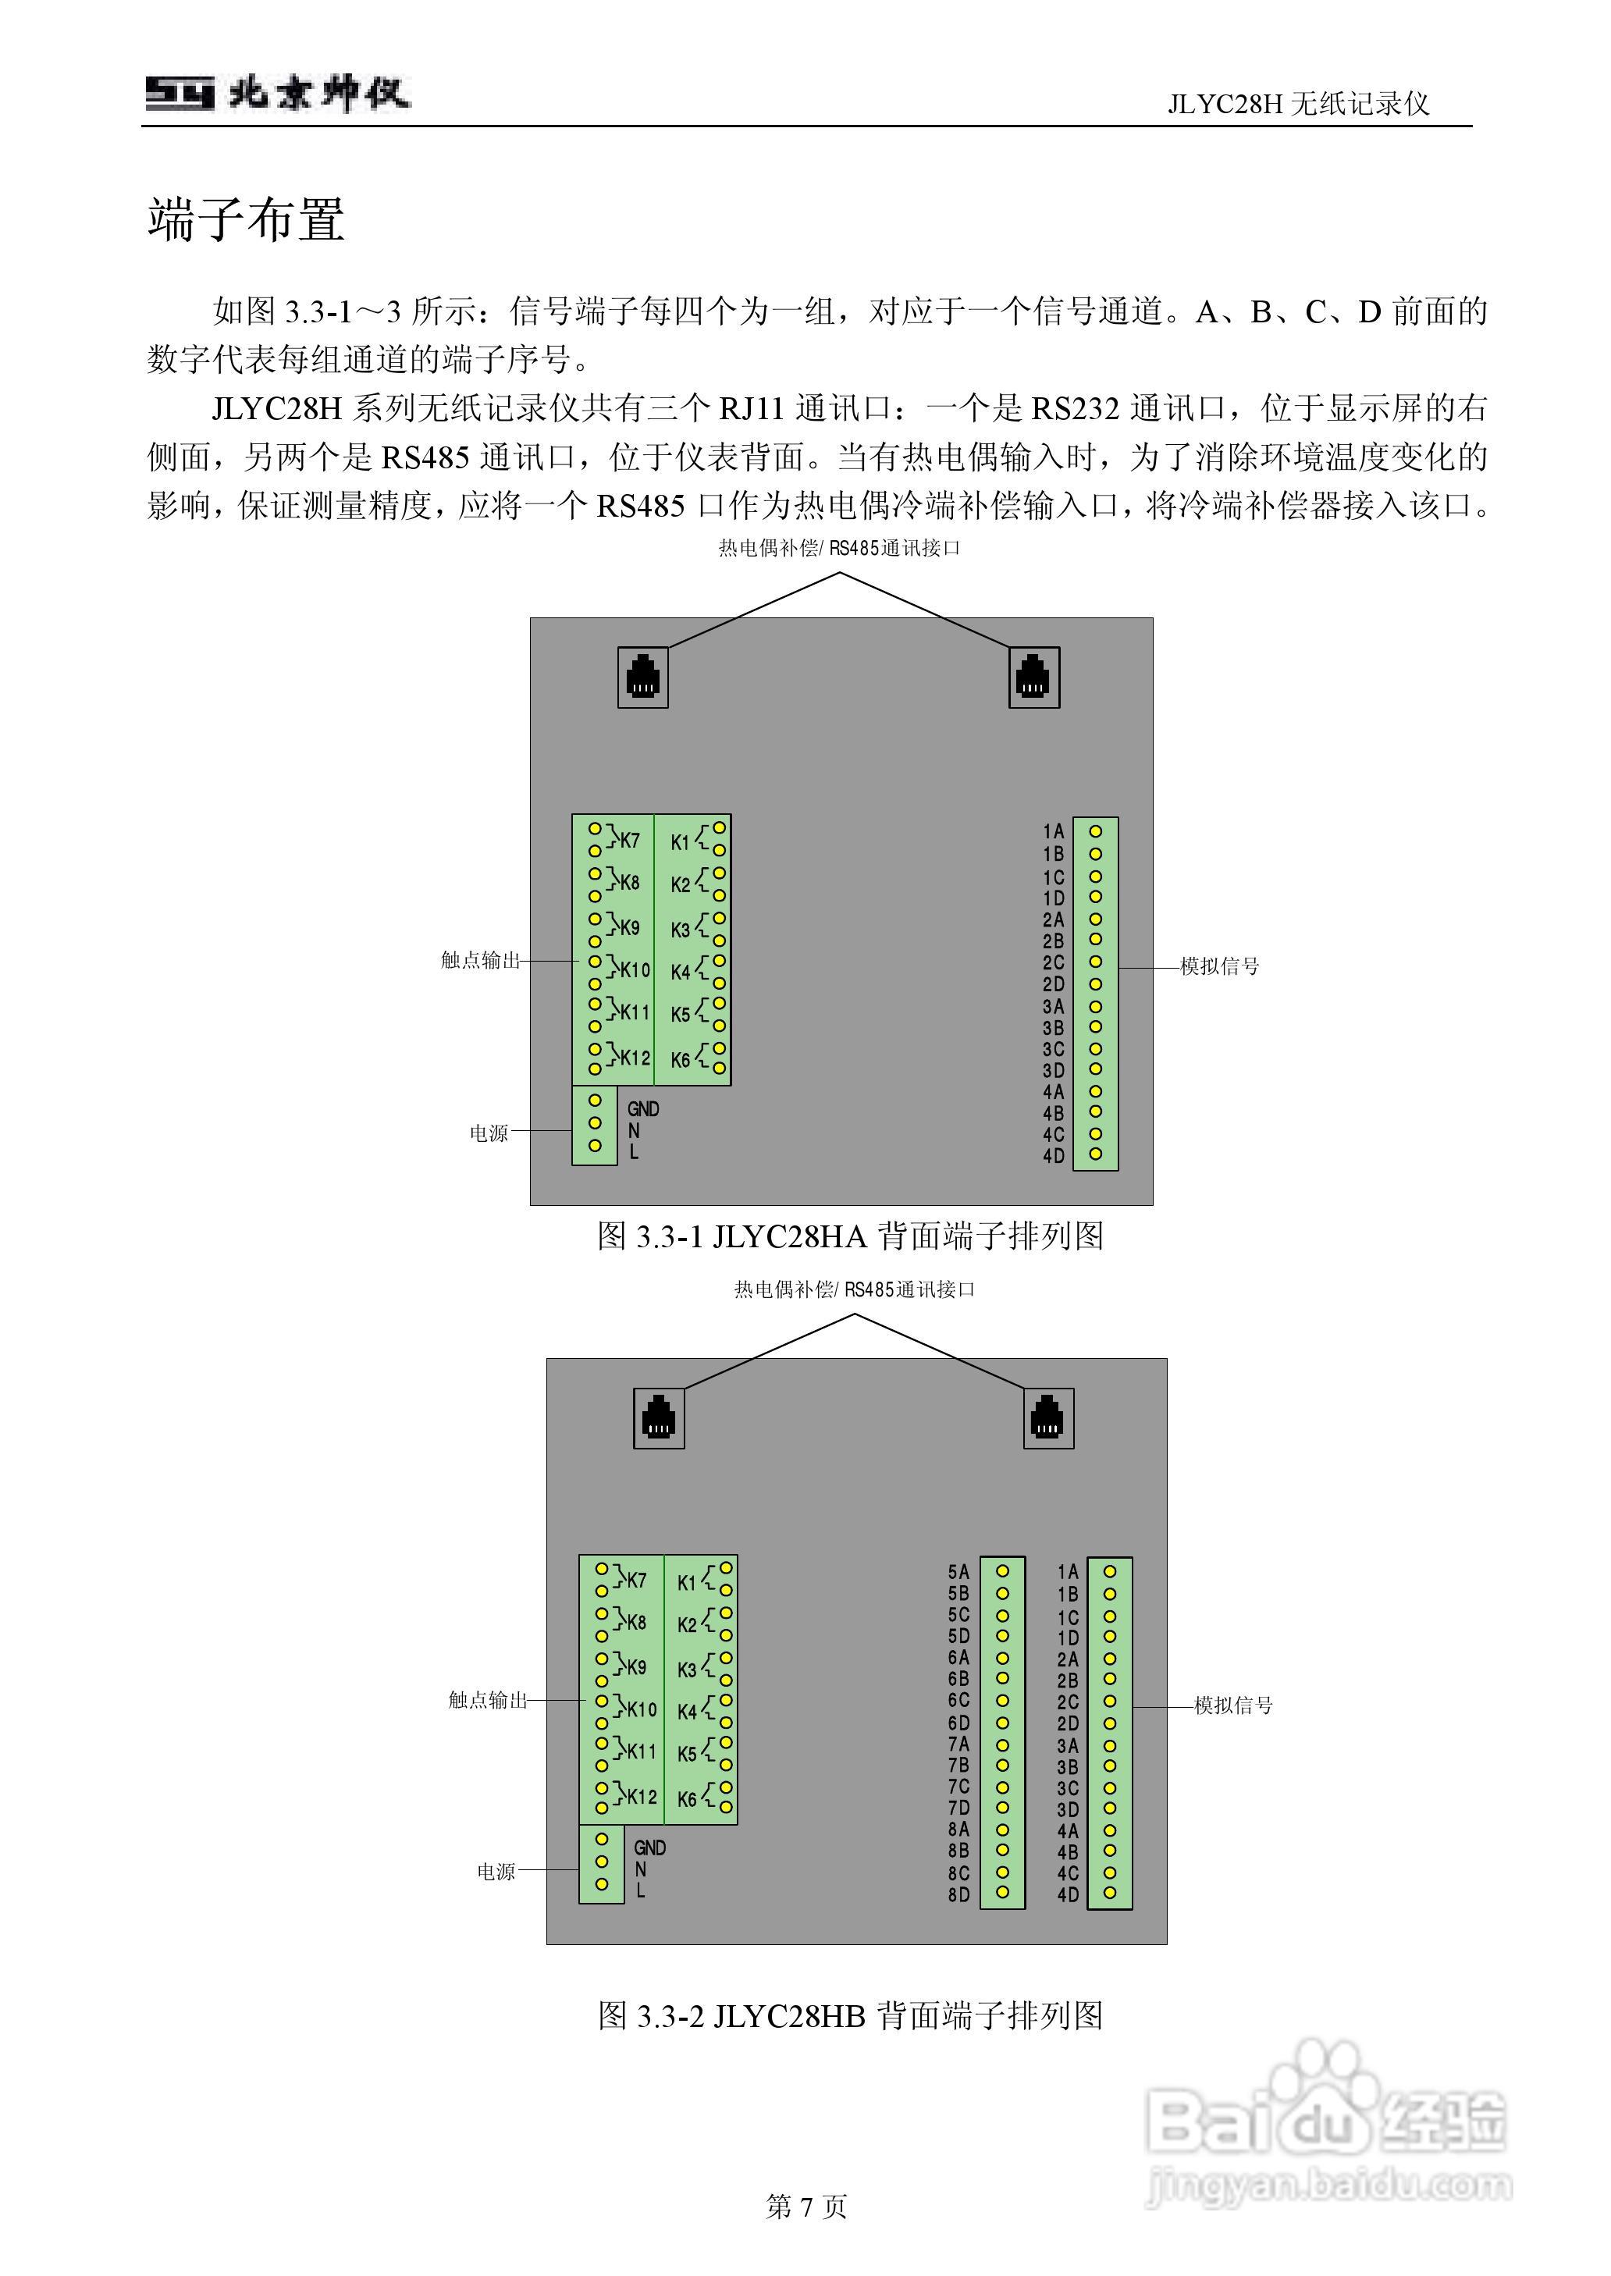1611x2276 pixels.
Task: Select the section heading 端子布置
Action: pos(246,219)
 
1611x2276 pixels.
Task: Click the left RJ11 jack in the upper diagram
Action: pos(643,677)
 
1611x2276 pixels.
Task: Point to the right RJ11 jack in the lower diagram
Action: pos(1047,1418)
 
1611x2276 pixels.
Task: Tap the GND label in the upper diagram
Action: pos(643,1109)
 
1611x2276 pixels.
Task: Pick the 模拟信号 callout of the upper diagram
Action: pos(1219,966)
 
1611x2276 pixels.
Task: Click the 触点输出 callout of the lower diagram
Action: pos(488,1700)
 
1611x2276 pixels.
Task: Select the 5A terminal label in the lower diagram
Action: pos(958,1572)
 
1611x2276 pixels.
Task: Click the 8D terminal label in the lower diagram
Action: pos(958,1895)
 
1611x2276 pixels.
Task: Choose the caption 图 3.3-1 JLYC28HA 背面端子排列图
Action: pos(850,1236)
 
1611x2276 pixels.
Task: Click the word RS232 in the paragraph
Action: pos(1074,408)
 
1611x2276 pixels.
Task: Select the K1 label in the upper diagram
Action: pos(680,843)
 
